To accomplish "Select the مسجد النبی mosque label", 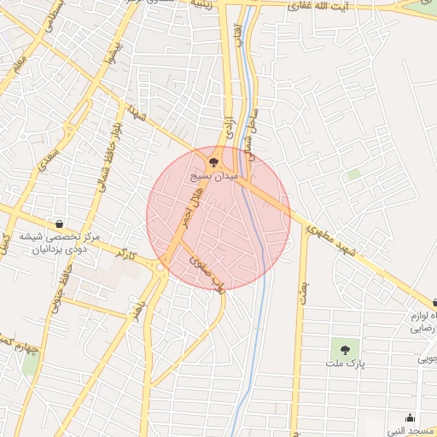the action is click(x=409, y=432).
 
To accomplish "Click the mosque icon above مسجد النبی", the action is click(x=411, y=417).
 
